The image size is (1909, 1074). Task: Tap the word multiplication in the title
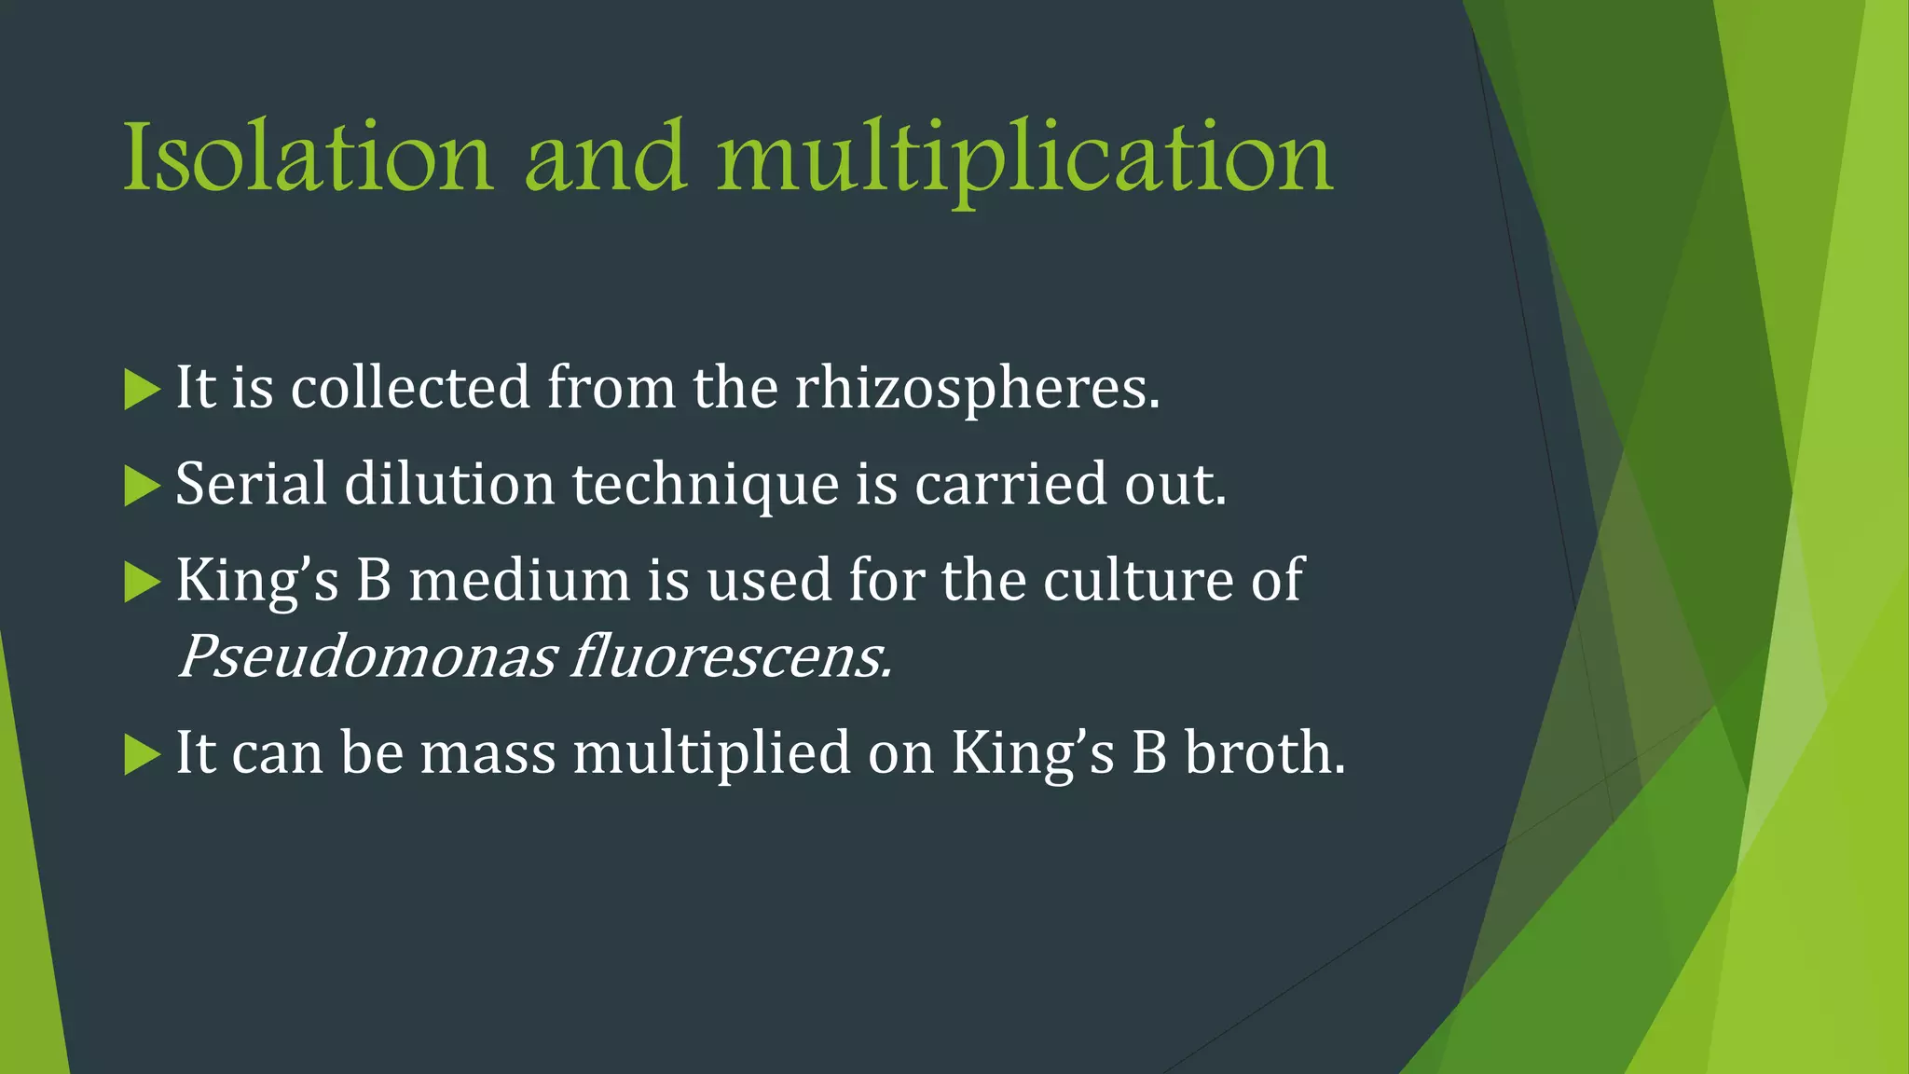[x=1025, y=160]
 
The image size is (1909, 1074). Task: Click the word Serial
[x=251, y=485]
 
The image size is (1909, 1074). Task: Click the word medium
[x=519, y=580]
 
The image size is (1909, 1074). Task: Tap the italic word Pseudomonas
[x=367, y=657]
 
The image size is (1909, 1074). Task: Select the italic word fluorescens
[x=732, y=657]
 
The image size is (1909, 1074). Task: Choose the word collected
[x=410, y=388]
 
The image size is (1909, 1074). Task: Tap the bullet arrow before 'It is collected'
[x=142, y=390]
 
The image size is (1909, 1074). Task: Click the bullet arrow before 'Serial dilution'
[x=142, y=487]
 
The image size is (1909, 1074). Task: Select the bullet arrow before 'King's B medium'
[x=142, y=583]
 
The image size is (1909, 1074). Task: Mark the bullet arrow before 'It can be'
[x=142, y=755]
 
